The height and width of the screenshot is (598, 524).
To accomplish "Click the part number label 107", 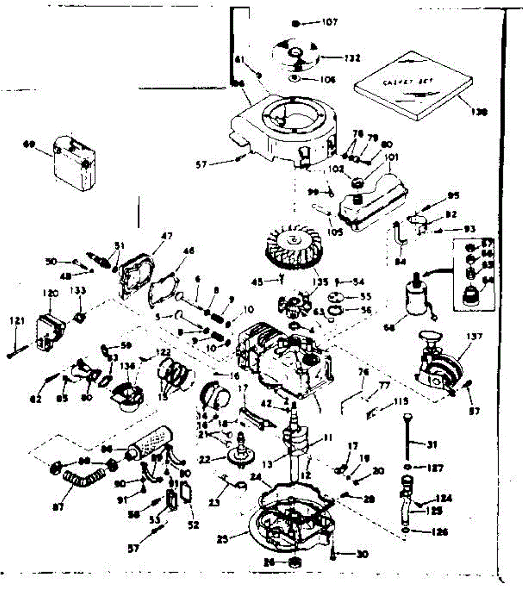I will pos(330,22).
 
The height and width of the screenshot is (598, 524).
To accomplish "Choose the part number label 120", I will pos(51,294).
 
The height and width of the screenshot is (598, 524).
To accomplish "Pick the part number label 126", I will pos(439,532).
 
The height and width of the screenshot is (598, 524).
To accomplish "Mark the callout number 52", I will pos(193,524).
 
